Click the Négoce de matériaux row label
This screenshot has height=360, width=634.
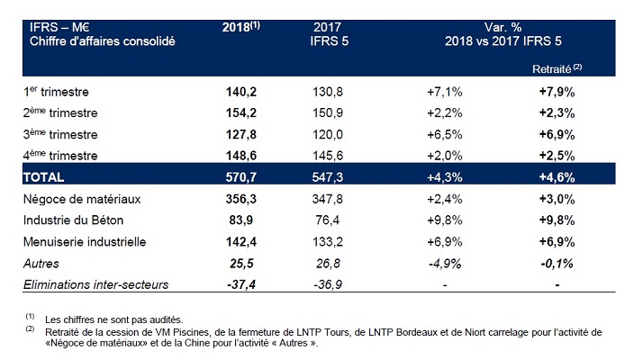coord(73,198)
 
